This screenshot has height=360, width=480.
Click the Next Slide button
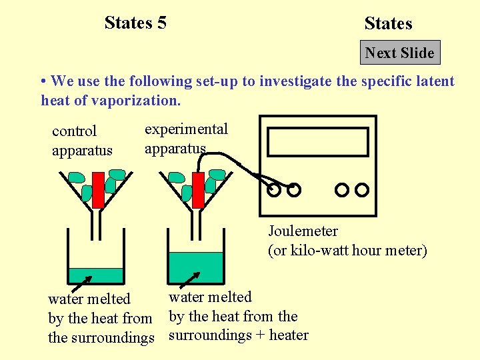(400, 53)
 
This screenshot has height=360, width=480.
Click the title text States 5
(135, 23)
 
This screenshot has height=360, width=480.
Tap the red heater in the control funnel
(98, 189)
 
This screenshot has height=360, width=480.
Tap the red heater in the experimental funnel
(198, 189)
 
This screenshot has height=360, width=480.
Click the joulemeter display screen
(317, 141)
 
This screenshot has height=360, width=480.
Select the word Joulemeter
(303, 231)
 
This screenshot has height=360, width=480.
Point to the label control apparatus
(82, 141)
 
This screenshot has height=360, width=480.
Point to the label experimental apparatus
(186, 138)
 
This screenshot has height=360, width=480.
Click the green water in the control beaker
(96, 275)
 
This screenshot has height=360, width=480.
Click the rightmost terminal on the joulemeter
(362, 190)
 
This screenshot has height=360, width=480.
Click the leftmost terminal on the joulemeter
(274, 190)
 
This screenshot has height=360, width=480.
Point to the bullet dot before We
(43, 81)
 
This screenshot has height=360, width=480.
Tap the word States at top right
(388, 24)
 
